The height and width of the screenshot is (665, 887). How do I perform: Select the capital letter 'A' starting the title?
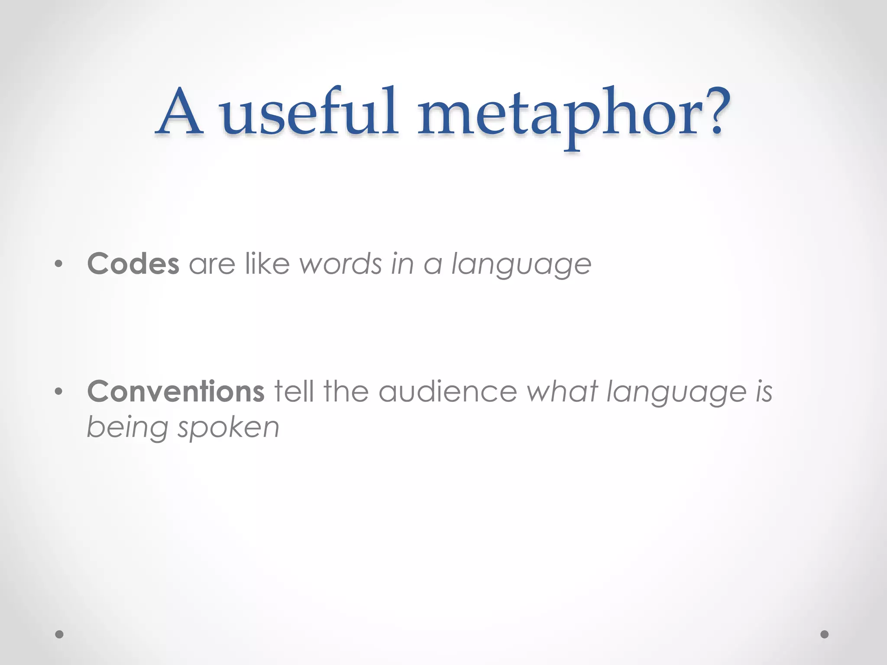coord(179,112)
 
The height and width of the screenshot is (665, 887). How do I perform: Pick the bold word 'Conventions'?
coord(175,391)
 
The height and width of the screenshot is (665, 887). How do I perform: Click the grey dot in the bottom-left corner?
coord(59,634)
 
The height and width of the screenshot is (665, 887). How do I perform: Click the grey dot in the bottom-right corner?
coord(824,634)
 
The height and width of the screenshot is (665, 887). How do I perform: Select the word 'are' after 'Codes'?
coord(212,265)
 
